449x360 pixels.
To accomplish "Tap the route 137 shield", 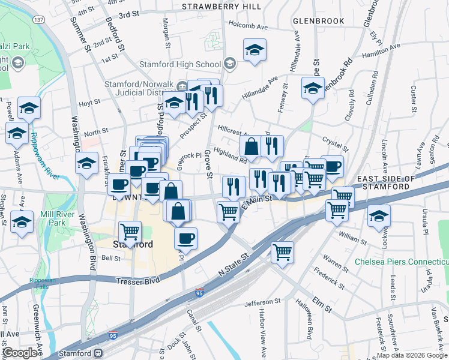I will coord(39,20).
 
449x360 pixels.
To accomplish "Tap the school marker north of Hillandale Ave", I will coord(255,50).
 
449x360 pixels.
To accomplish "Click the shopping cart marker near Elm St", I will coord(282,252).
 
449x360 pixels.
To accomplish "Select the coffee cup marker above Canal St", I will coord(186,238).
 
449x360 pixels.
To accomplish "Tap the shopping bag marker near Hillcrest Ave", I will coord(250,146).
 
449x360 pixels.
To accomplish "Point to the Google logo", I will coord(20,353).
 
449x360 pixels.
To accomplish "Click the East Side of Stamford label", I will coord(385,182).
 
